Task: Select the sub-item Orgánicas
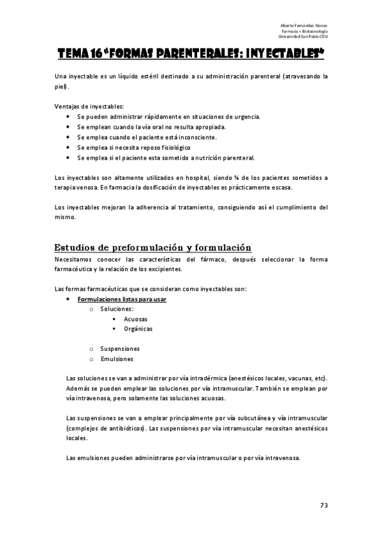click(x=138, y=329)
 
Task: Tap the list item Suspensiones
click(x=120, y=348)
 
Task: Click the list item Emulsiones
click(x=117, y=359)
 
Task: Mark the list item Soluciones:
click(x=117, y=309)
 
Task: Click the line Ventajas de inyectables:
click(x=89, y=106)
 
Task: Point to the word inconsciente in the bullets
click(x=214, y=137)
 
